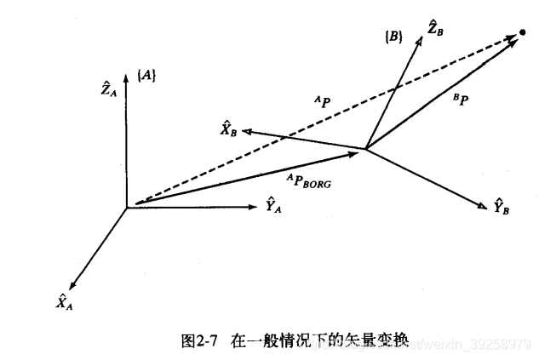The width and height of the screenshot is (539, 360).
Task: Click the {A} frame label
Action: point(146,76)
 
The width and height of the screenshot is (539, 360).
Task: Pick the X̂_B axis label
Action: point(228,129)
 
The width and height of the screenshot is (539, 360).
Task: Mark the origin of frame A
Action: point(127,207)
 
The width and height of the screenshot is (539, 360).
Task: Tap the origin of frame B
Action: point(365,150)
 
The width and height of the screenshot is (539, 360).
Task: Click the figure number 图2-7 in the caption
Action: point(198,340)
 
